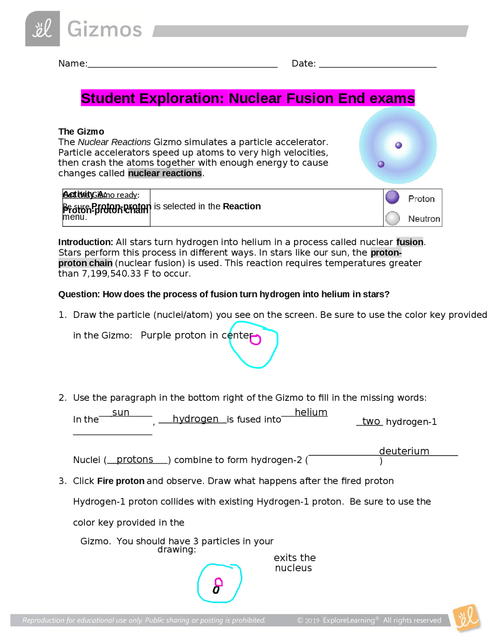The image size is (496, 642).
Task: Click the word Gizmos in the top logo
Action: pyautogui.click(x=105, y=29)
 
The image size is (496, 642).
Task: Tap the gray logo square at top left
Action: pyautogui.click(x=43, y=29)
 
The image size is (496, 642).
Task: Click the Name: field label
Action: pyautogui.click(x=72, y=64)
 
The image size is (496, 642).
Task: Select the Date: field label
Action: pyautogui.click(x=303, y=64)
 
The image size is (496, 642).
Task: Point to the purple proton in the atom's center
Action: pyautogui.click(x=398, y=145)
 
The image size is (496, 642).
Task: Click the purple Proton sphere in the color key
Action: pyautogui.click(x=392, y=197)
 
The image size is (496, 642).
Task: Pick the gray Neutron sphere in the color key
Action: pyautogui.click(x=393, y=218)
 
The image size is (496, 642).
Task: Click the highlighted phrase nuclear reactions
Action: pyautogui.click(x=165, y=173)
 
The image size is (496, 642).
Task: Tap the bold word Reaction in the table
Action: pyautogui.click(x=241, y=206)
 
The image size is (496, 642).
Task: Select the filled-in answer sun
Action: pyautogui.click(x=121, y=412)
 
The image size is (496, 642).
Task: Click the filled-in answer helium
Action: pyautogui.click(x=311, y=412)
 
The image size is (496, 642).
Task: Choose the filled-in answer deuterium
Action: pyautogui.click(x=404, y=451)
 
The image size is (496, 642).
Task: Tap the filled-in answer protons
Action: pyautogui.click(x=135, y=459)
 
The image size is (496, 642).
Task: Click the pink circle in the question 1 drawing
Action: pyautogui.click(x=255, y=340)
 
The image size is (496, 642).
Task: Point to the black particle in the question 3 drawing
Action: pyautogui.click(x=216, y=590)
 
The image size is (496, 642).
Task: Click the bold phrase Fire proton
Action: pyautogui.click(x=121, y=481)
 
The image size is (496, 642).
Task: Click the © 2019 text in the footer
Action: pyautogui.click(x=308, y=621)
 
